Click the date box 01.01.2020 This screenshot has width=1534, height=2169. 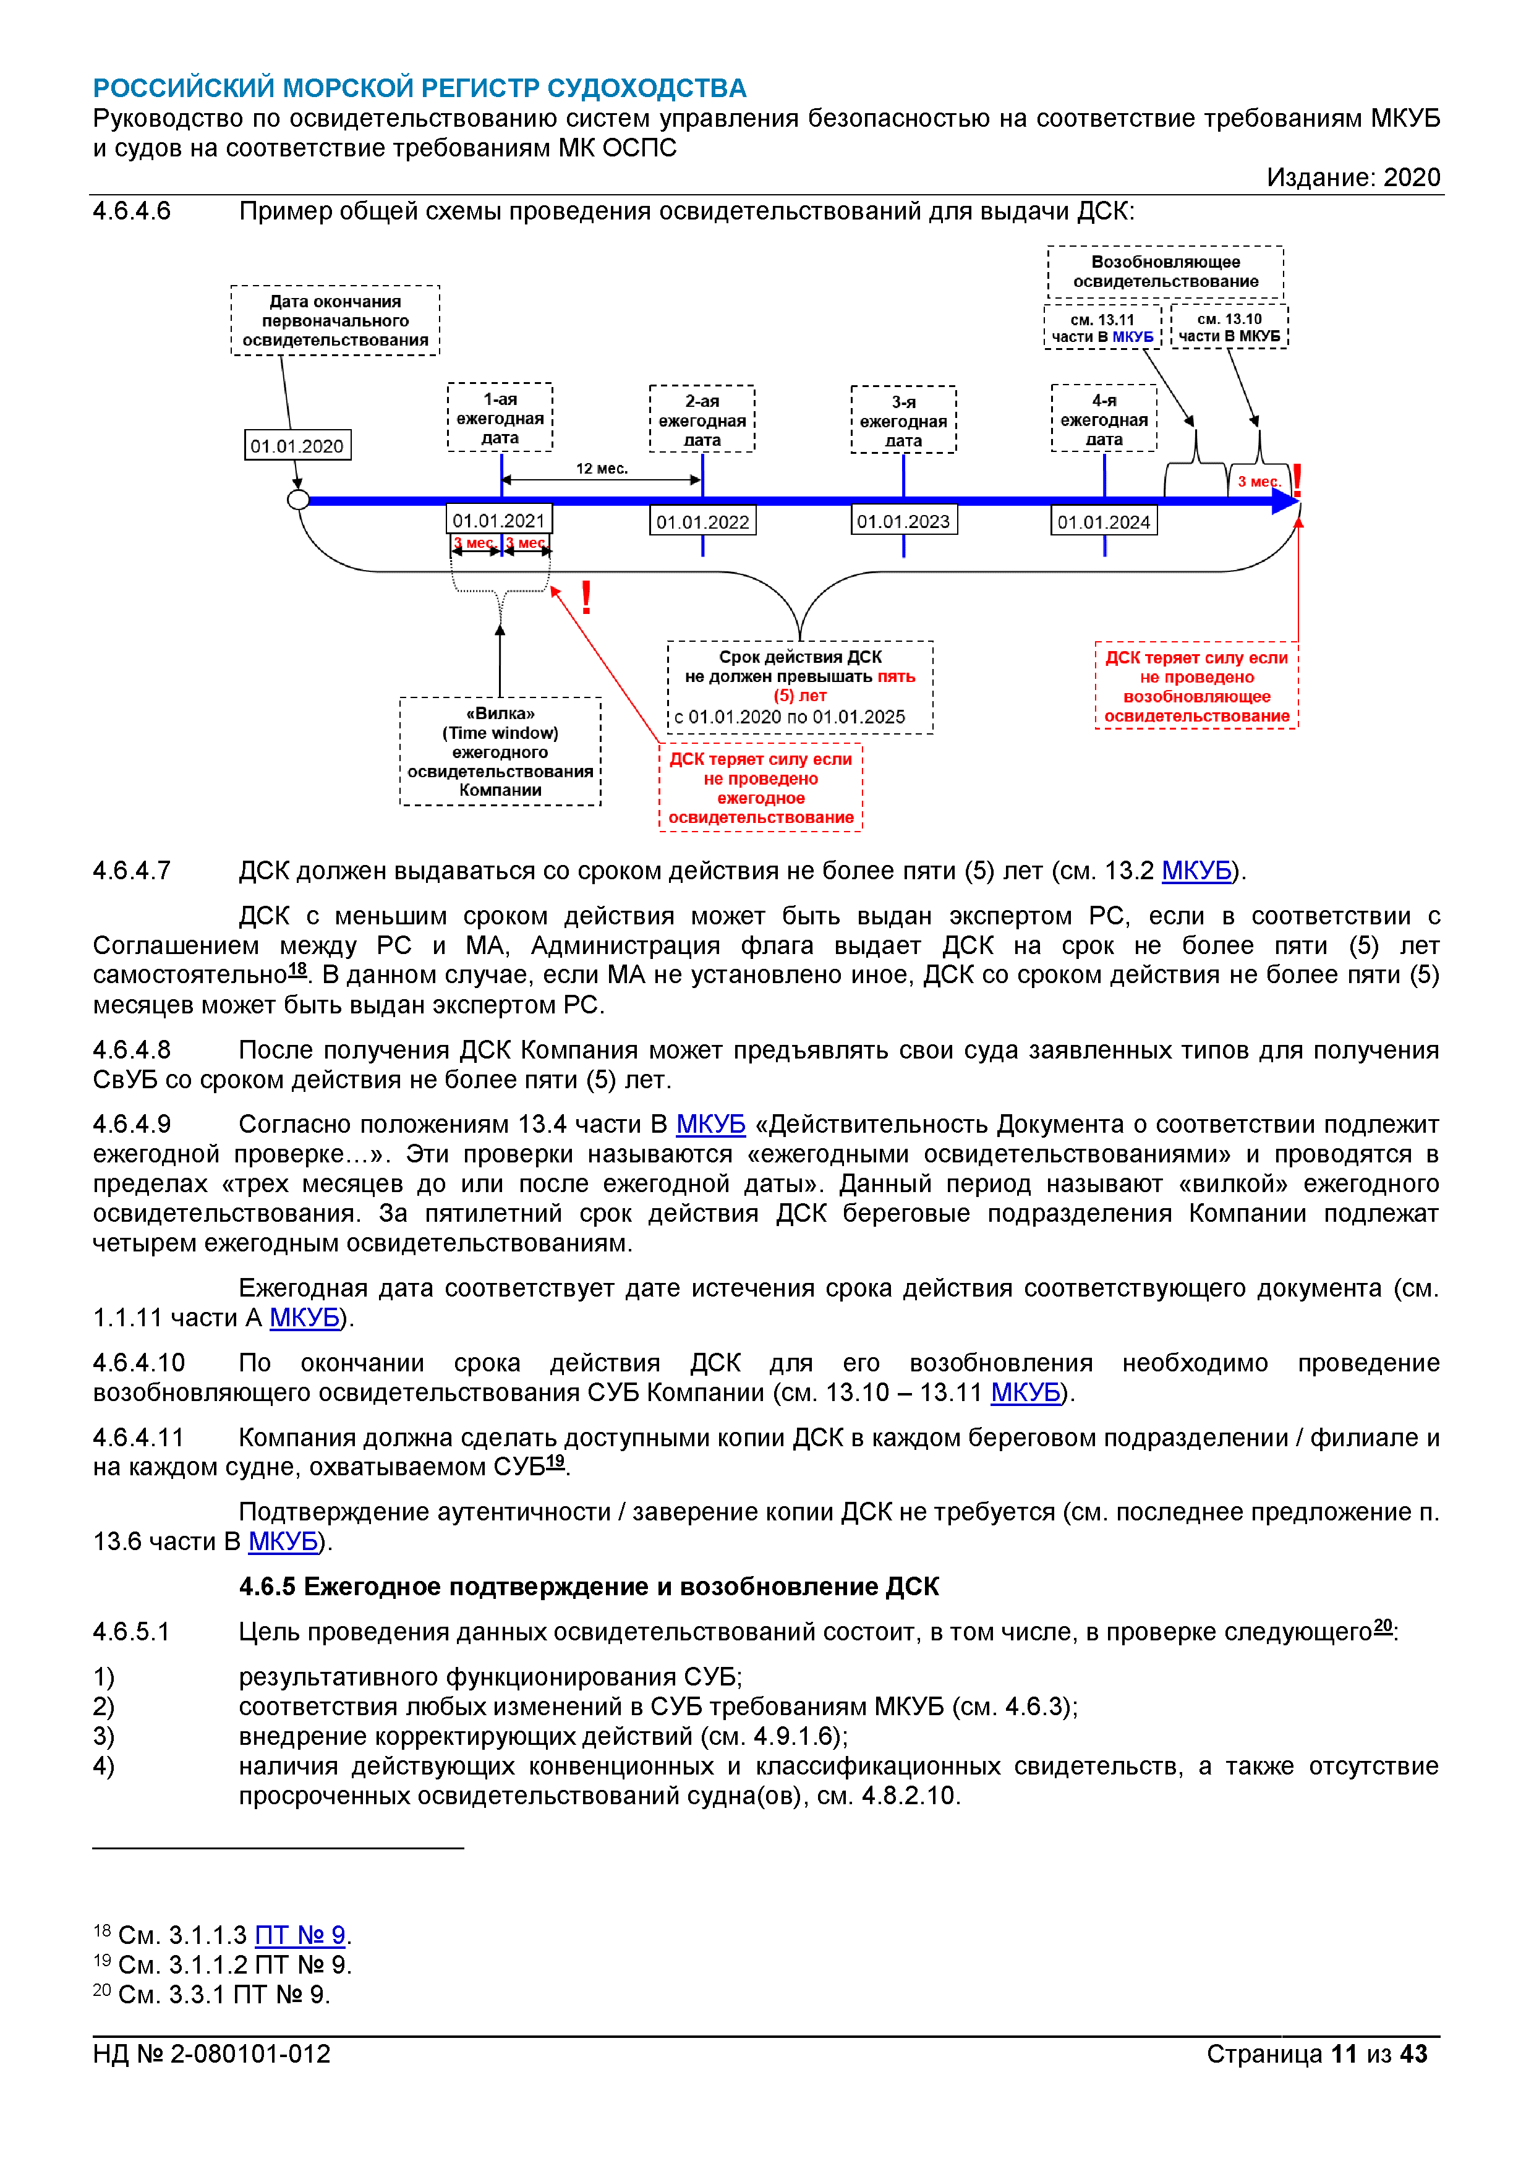point(297,446)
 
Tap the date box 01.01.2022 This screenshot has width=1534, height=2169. point(703,521)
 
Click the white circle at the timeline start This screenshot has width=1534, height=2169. point(299,500)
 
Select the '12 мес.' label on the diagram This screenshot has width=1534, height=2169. point(602,469)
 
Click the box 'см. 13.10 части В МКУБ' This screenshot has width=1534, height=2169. point(1229,327)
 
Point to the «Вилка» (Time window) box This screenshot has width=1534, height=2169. point(500,751)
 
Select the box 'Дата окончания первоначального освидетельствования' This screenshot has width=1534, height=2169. point(335,320)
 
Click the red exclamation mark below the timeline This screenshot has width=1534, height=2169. point(587,598)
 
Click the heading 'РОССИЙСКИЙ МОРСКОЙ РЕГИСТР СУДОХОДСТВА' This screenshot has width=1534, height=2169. point(419,88)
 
